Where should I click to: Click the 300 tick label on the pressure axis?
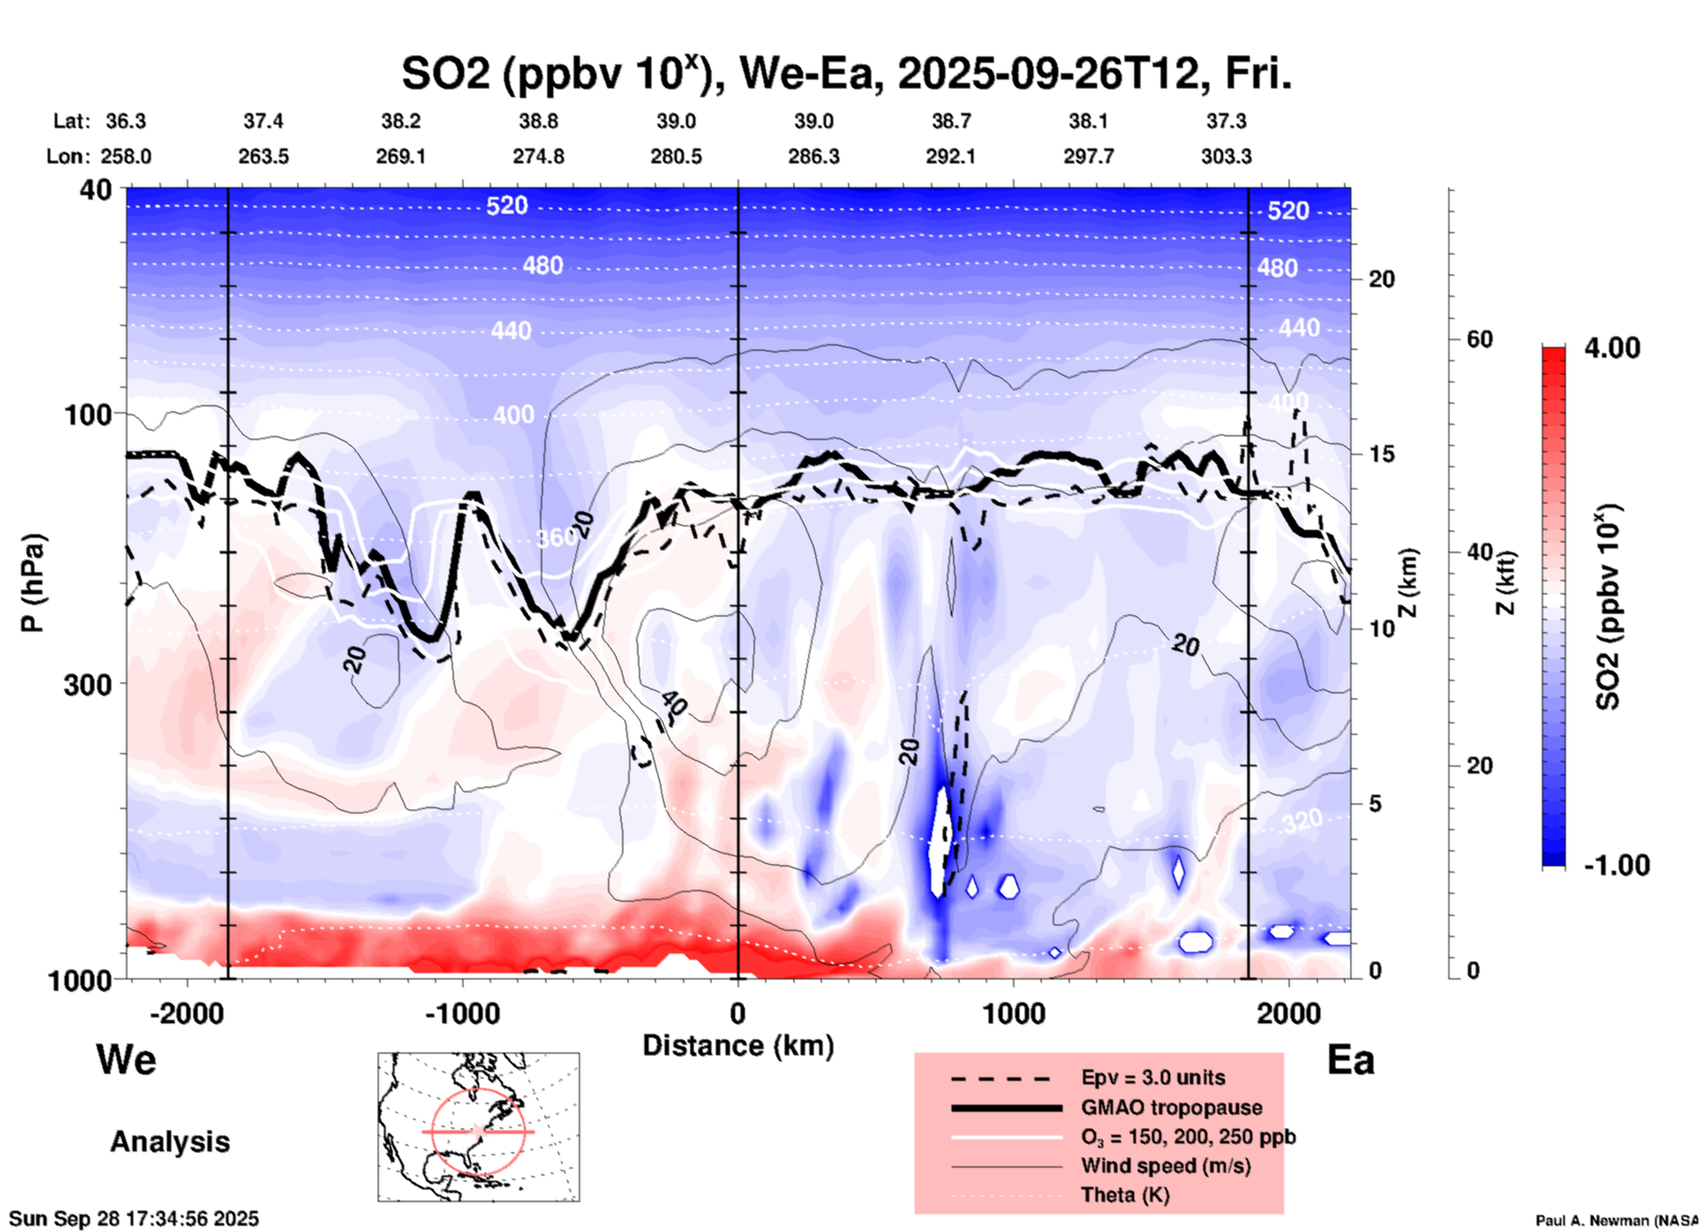pyautogui.click(x=87, y=684)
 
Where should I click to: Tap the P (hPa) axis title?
pyautogui.click(x=33, y=583)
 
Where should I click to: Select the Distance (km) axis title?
pyautogui.click(x=738, y=1046)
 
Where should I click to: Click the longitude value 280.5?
pyautogui.click(x=676, y=156)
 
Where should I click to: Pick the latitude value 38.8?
pyautogui.click(x=538, y=121)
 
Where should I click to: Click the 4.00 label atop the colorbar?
pyautogui.click(x=1612, y=348)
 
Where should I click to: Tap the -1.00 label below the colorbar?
pyautogui.click(x=1615, y=865)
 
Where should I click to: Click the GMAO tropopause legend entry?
pyautogui.click(x=1170, y=1107)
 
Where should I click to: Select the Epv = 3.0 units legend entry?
pyautogui.click(x=1153, y=1078)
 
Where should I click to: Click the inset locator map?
pyautogui.click(x=478, y=1127)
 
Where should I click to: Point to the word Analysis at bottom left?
pyautogui.click(x=169, y=1142)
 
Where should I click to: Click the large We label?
pyautogui.click(x=126, y=1059)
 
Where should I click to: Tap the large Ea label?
pyautogui.click(x=1350, y=1061)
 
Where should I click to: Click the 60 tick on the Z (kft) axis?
pyautogui.click(x=1479, y=339)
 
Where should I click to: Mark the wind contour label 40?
pyautogui.click(x=673, y=704)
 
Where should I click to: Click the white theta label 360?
pyautogui.click(x=555, y=538)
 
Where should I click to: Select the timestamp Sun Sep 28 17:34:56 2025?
pyautogui.click(x=134, y=1220)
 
